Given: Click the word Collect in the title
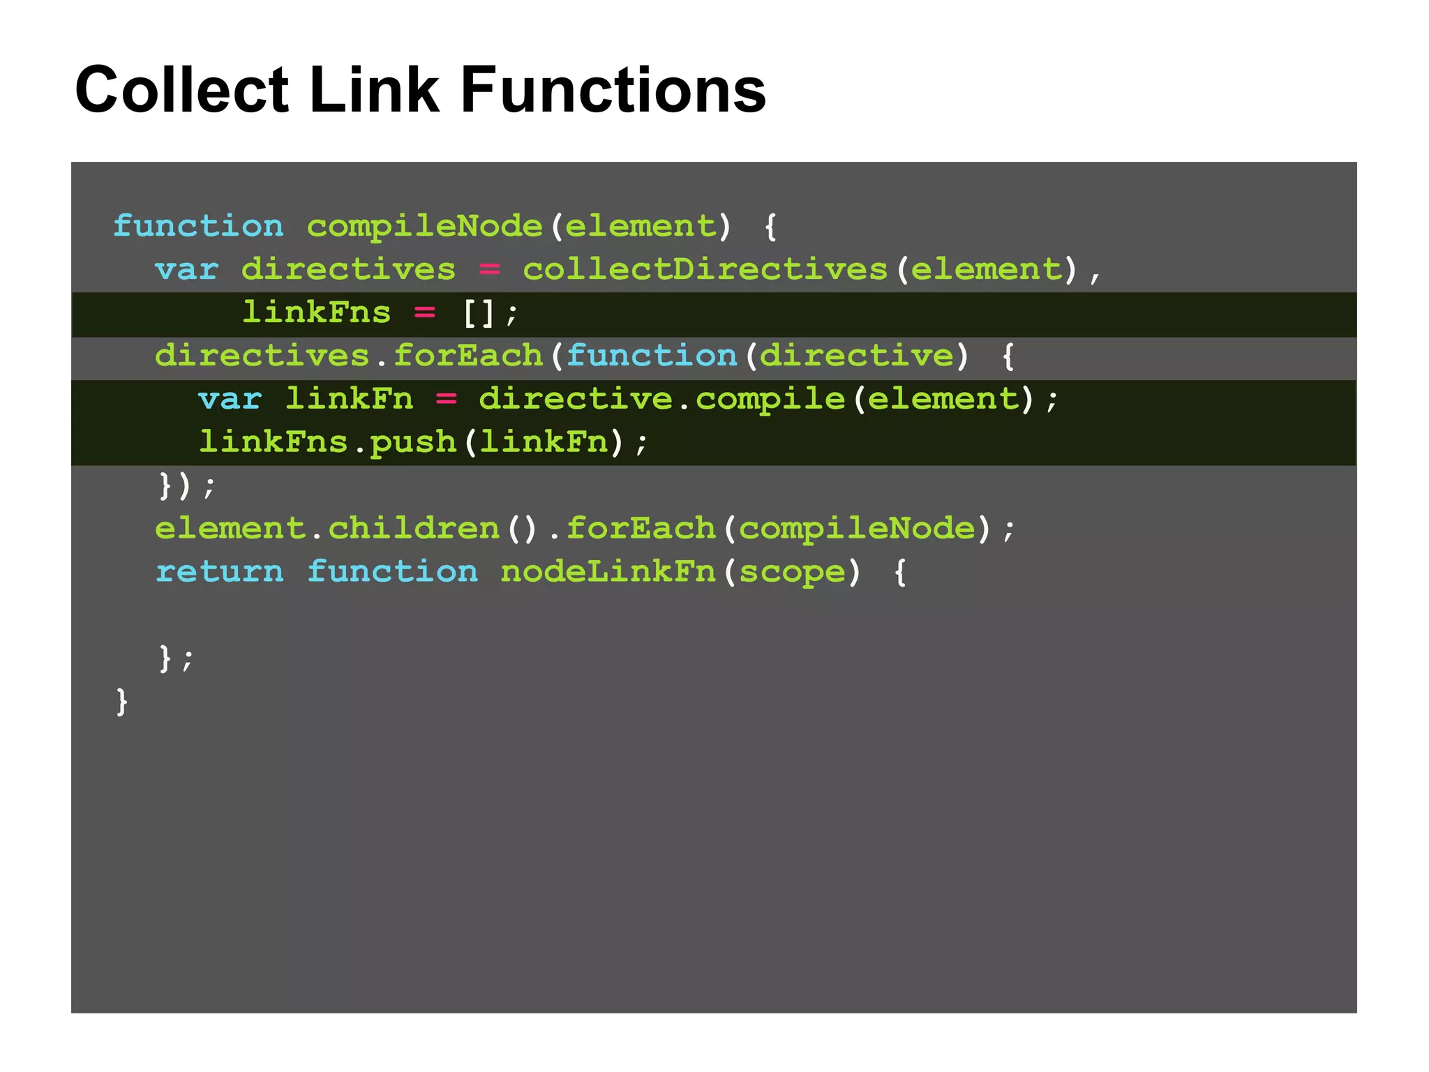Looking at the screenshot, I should (x=181, y=90).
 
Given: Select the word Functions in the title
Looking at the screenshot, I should (x=613, y=90).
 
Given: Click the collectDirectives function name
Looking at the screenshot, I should (x=705, y=269).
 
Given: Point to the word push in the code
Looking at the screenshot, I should (x=412, y=442).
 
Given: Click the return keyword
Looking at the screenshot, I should (x=219, y=572).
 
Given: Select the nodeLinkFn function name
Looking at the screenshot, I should (x=608, y=572).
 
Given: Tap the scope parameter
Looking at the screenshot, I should (x=792, y=572).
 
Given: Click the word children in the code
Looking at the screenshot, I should (x=414, y=529).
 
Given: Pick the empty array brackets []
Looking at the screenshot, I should (x=479, y=313).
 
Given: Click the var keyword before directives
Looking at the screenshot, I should (x=187, y=269).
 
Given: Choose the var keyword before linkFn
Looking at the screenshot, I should (x=230, y=399).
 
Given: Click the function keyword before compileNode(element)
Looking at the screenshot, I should (x=198, y=226).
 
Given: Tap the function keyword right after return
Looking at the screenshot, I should (x=392, y=572).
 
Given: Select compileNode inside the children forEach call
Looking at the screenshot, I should (x=856, y=529).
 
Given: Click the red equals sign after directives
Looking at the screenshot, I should (x=489, y=269).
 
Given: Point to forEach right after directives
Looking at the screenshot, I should (x=467, y=356).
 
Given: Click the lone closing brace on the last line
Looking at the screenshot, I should (x=122, y=701).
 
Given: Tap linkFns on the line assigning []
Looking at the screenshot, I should (x=316, y=313).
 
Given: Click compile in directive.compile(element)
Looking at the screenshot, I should (x=770, y=399).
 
